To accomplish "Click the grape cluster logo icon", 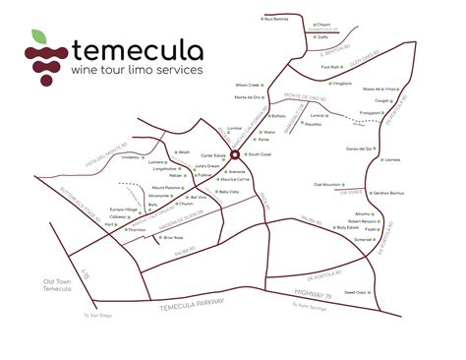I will coord(42,57).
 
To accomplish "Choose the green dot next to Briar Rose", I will coord(188,237).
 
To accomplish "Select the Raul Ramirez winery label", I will coord(277,18).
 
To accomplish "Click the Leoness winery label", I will coord(395,160).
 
